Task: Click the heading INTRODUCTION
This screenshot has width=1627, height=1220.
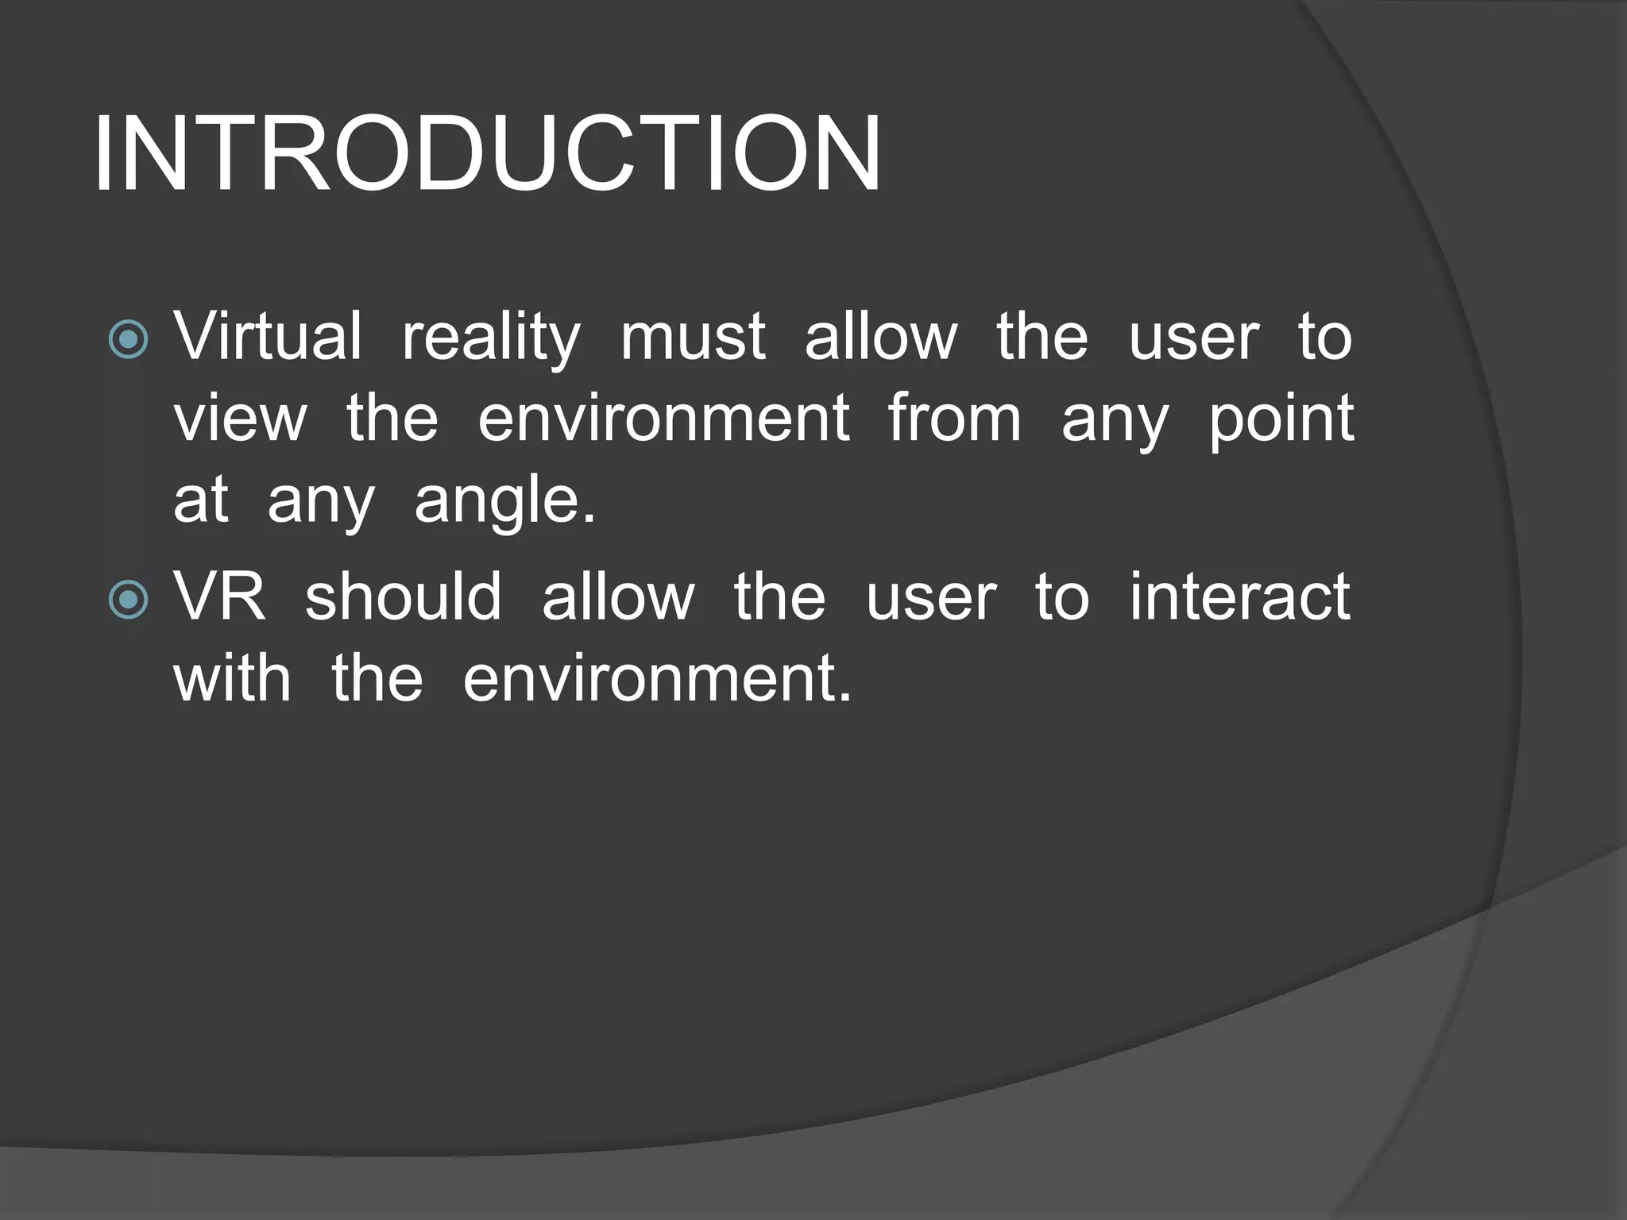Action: pos(486,154)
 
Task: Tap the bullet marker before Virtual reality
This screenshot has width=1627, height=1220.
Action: pos(128,339)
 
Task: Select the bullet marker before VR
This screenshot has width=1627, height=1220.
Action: pos(128,600)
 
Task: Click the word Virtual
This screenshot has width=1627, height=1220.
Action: pos(268,336)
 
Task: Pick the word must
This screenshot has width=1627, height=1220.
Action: pos(693,338)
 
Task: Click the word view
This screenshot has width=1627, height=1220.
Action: pos(240,419)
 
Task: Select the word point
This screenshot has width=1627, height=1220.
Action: pos(1281,420)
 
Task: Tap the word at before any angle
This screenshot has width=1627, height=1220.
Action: pos(201,501)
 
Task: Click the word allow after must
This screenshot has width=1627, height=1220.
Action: pos(881,336)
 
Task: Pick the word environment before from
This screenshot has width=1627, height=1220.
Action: pos(663,419)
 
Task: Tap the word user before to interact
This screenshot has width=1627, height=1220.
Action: pos(931,598)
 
